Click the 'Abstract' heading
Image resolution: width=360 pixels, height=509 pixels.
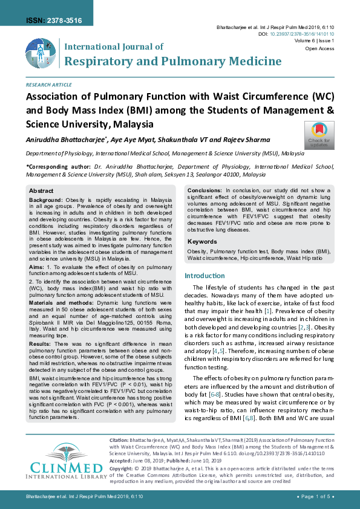tap(42, 190)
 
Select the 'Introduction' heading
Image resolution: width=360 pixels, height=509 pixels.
tap(204, 276)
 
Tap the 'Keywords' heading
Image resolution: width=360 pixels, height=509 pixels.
tap(202, 242)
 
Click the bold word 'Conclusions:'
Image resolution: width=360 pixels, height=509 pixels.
tap(206, 190)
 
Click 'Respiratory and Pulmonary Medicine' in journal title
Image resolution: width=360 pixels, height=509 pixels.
tap(172, 61)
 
